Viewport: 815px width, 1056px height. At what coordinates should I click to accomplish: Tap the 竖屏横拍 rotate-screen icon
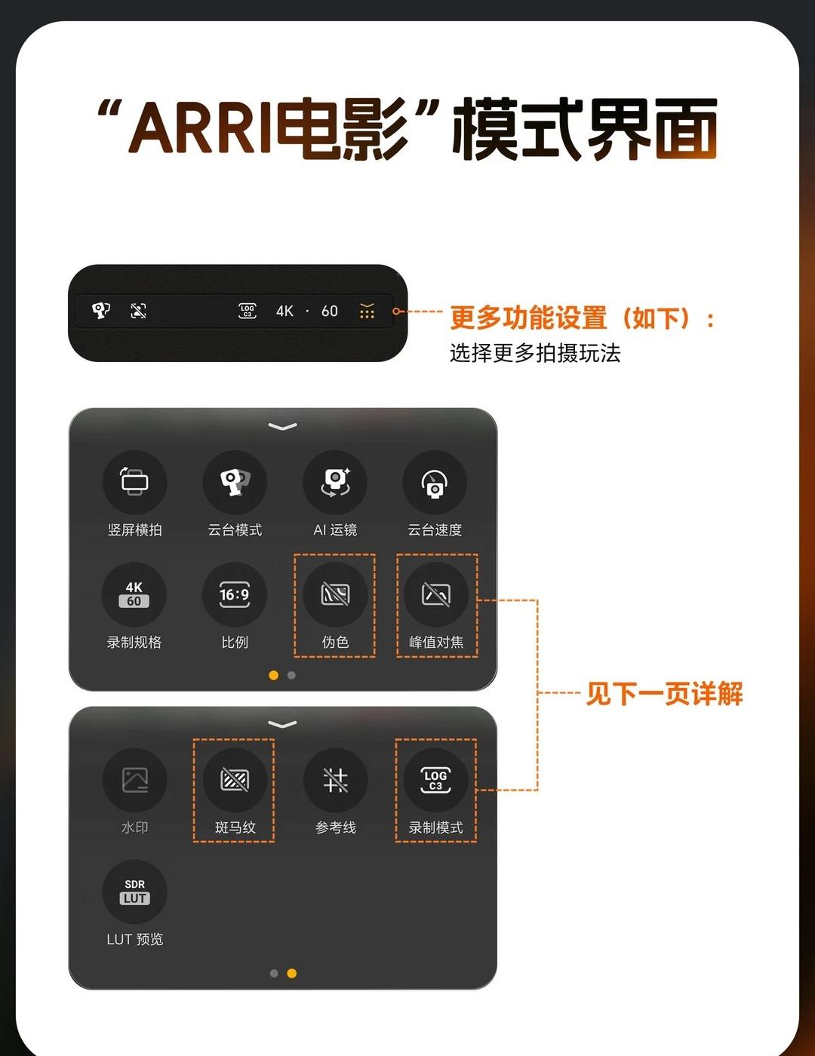[x=134, y=482]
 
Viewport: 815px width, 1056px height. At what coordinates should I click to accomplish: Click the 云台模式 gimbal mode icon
[x=235, y=482]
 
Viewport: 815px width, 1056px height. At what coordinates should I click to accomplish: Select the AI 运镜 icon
[x=335, y=482]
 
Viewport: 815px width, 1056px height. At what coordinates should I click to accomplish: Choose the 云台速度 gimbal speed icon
[x=435, y=482]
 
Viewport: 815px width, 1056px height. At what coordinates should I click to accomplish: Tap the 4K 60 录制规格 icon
[x=134, y=594]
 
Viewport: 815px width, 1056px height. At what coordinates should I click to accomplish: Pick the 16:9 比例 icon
[x=234, y=594]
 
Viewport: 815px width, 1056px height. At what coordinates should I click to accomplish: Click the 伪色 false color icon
[x=335, y=594]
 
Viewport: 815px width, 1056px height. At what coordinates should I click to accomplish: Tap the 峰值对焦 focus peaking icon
[x=435, y=594]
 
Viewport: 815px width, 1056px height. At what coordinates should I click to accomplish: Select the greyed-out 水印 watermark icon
[x=134, y=780]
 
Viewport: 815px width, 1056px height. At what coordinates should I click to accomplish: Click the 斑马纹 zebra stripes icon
[x=235, y=780]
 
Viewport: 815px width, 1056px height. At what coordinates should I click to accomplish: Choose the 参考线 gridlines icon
[x=335, y=780]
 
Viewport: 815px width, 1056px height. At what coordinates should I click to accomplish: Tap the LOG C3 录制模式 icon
[x=435, y=780]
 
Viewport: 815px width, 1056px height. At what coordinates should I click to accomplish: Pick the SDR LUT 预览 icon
[x=134, y=892]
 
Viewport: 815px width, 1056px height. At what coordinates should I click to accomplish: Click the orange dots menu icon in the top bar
[x=367, y=311]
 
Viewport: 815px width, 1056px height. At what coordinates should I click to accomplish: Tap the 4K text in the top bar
[x=284, y=311]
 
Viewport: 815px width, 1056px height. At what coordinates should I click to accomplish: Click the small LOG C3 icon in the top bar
[x=248, y=311]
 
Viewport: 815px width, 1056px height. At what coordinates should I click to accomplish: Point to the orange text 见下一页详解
[x=664, y=693]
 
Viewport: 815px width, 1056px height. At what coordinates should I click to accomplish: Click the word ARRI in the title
[x=200, y=127]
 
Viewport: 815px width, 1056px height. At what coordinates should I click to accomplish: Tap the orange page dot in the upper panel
[x=274, y=675]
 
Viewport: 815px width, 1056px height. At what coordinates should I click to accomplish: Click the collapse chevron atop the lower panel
[x=282, y=724]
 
